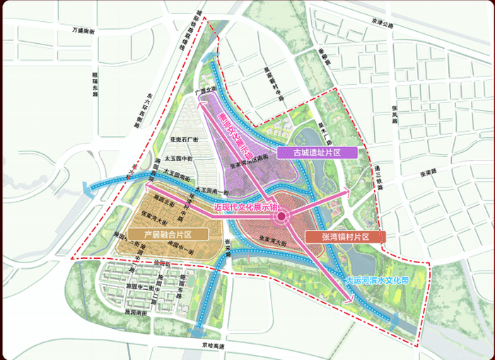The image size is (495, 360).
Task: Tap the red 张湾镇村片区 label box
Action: coord(344,236)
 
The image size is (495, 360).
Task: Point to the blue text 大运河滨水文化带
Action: coord(378,280)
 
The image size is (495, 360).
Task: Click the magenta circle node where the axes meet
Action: coord(281,216)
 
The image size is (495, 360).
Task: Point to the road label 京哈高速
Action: coord(212,346)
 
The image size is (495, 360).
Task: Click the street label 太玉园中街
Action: coord(174,160)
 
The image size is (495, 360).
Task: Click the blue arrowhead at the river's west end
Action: coord(84,188)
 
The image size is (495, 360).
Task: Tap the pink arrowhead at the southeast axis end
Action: coord(349,301)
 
